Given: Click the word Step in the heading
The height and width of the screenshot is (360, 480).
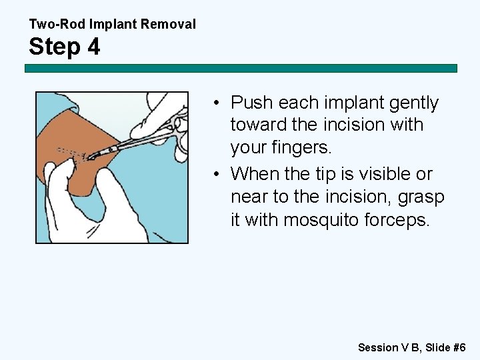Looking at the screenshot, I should click(x=55, y=47).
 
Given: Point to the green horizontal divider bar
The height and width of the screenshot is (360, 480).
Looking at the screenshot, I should click(x=241, y=68).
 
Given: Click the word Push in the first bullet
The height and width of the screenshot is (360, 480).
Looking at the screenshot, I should click(x=252, y=103).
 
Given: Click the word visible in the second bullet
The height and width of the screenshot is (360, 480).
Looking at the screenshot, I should click(x=375, y=175).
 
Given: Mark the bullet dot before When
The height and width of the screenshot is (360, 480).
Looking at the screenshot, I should click(x=218, y=175).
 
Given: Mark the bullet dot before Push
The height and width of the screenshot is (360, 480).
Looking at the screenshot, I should click(x=218, y=103).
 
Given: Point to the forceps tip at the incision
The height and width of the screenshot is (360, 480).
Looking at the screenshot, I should click(x=93, y=155).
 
